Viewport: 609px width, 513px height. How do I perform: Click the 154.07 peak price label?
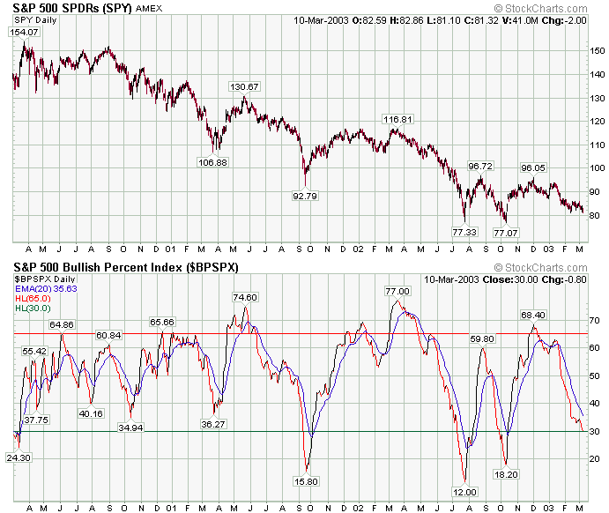click(24, 33)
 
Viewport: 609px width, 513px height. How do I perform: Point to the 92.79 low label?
click(305, 196)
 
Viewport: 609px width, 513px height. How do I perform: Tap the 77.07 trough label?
click(505, 233)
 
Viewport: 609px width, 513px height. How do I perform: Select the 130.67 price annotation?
click(244, 86)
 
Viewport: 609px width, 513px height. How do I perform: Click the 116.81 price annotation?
click(397, 119)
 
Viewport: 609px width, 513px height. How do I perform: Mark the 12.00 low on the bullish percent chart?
click(464, 493)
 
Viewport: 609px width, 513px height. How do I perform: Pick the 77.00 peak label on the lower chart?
click(397, 291)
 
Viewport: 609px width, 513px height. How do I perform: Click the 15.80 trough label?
click(306, 482)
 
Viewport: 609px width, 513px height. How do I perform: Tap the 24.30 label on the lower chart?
click(19, 457)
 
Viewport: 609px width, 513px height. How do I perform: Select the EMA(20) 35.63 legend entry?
click(46, 289)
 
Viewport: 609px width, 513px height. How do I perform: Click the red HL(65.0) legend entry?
click(33, 299)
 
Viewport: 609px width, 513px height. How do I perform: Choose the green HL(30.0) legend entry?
click(33, 309)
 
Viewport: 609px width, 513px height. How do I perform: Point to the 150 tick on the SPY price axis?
click(597, 51)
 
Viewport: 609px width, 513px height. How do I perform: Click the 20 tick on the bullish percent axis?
click(594, 459)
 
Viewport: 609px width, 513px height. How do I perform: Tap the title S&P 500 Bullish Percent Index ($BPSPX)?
click(126, 268)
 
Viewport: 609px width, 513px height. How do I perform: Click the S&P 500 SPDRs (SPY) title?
click(72, 8)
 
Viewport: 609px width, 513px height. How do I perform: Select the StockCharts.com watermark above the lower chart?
click(540, 268)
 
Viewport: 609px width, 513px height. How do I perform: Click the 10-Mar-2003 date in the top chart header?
click(321, 20)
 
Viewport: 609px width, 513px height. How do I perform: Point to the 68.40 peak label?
click(533, 315)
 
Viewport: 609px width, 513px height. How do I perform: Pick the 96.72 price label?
click(480, 167)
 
